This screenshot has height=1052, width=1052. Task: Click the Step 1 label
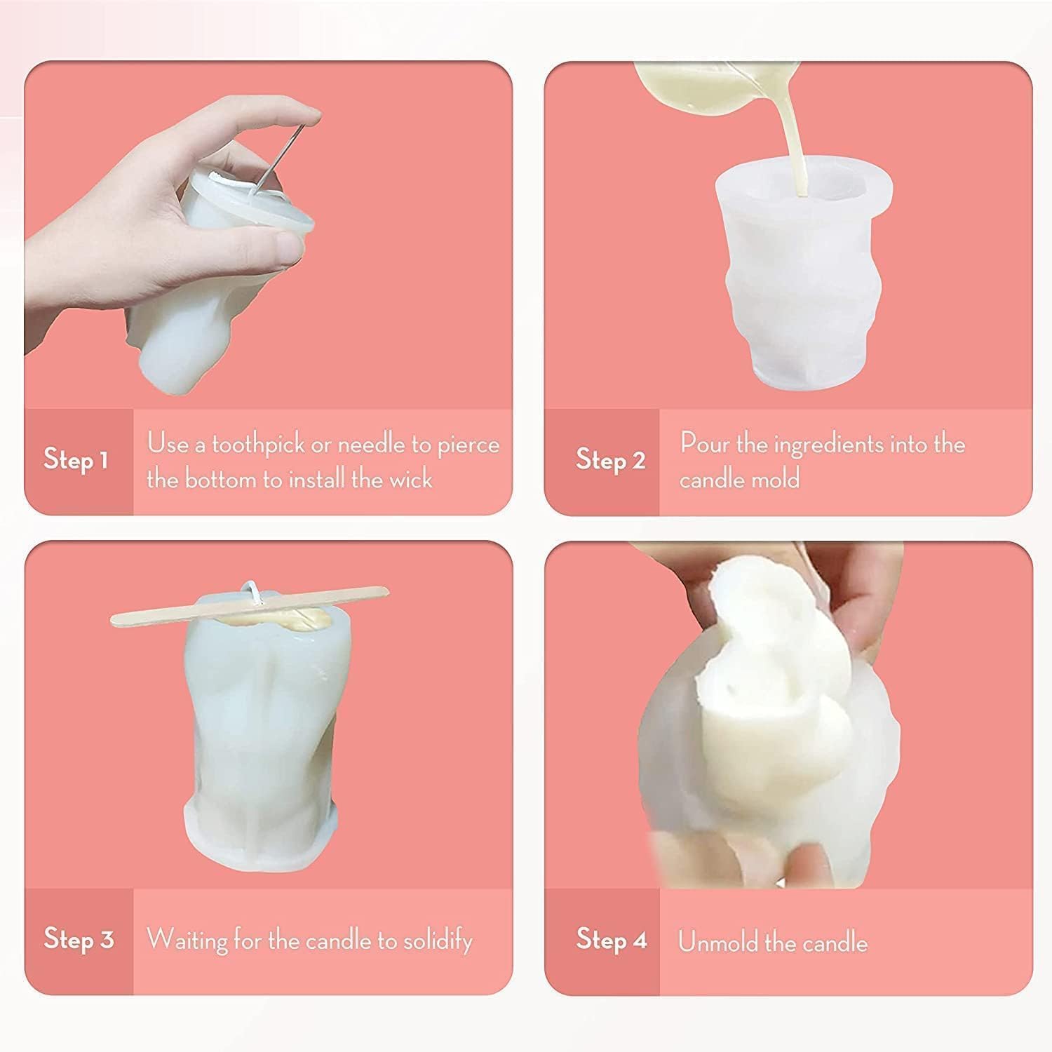coord(76,460)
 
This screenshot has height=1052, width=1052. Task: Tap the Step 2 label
coord(610,460)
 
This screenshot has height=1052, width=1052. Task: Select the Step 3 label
coord(79,939)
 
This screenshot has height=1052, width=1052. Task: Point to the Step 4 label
coord(612,939)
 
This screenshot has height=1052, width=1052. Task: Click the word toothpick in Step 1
coord(258,445)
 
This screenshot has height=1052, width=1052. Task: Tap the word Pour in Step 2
coord(703,444)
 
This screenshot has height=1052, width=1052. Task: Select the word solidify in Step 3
coord(438,940)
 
